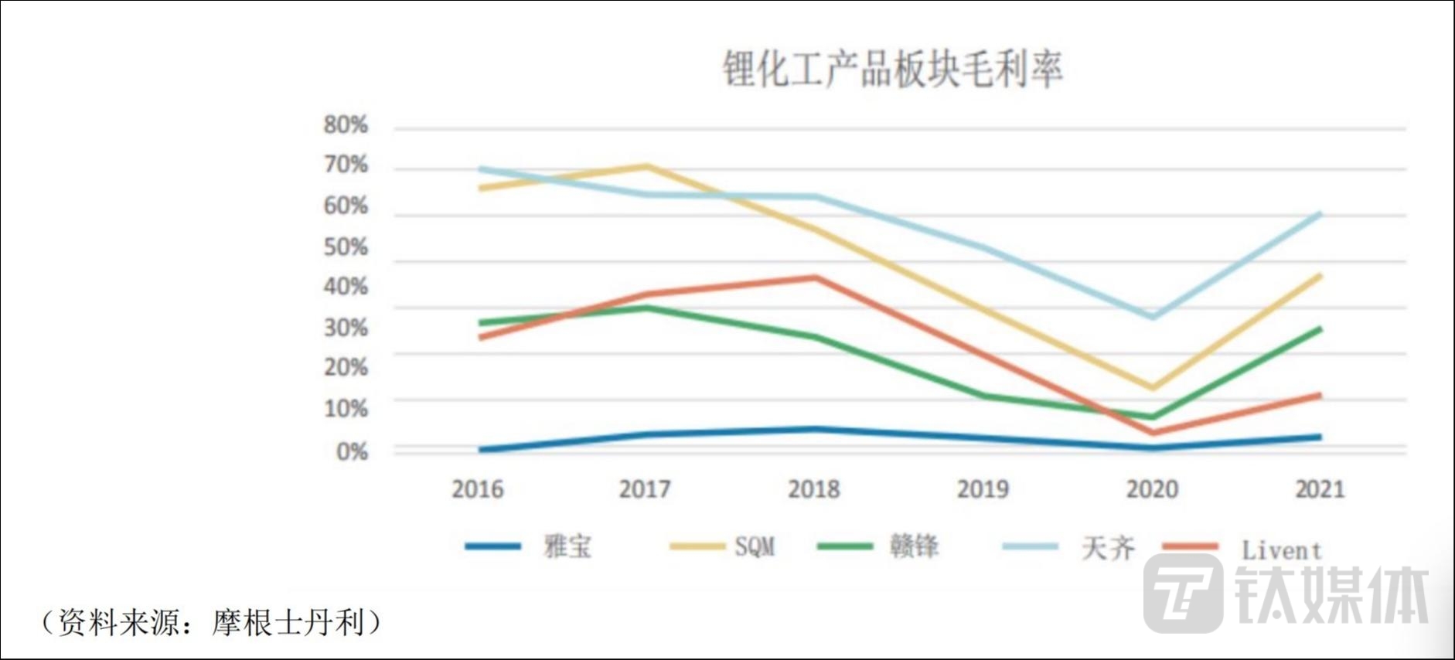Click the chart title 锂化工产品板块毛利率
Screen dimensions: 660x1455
tap(892, 69)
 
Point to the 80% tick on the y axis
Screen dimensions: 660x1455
tap(346, 124)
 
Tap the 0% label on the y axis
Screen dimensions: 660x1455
tap(352, 451)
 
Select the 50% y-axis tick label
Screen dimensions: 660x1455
tap(346, 247)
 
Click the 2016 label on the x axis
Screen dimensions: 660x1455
tap(477, 489)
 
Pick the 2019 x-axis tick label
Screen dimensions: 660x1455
tap(983, 489)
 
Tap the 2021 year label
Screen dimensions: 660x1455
tap(1320, 489)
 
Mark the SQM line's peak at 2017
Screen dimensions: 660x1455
tap(646, 166)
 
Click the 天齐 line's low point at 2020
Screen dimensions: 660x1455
tap(1153, 316)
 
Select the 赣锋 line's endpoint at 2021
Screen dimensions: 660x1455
tap(1319, 329)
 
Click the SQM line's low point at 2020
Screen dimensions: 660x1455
tap(1153, 387)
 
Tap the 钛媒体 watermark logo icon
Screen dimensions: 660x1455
tap(1183, 594)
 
